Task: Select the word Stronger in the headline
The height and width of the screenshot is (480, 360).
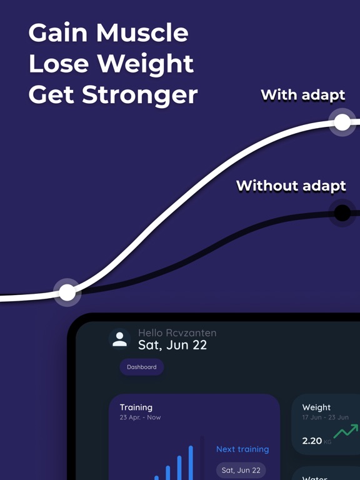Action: pos(149,95)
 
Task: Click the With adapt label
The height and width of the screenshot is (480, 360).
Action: pos(302,95)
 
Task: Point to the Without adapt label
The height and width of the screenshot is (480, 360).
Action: pos(291,186)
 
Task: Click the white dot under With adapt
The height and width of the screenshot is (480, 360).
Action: pos(342,122)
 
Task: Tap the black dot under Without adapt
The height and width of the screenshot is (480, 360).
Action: pos(342,213)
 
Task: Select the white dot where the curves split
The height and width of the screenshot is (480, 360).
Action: pos(67,292)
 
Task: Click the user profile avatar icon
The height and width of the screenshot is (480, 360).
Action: pos(119,339)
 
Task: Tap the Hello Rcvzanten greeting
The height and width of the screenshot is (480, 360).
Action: pos(177,333)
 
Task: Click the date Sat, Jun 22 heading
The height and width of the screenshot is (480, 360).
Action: pos(172,345)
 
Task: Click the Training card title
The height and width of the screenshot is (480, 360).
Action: pos(136,407)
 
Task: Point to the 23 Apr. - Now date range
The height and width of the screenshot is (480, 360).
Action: pos(140,417)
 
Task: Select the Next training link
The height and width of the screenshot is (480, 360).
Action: pos(242,449)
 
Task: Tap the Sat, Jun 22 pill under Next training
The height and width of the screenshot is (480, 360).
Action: pos(241,470)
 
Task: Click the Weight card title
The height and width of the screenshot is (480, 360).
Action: pos(316,407)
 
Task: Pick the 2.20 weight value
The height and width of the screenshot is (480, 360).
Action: pos(312,441)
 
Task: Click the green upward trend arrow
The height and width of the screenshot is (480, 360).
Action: pos(346,431)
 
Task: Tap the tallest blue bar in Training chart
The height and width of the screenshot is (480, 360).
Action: pos(191,462)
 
